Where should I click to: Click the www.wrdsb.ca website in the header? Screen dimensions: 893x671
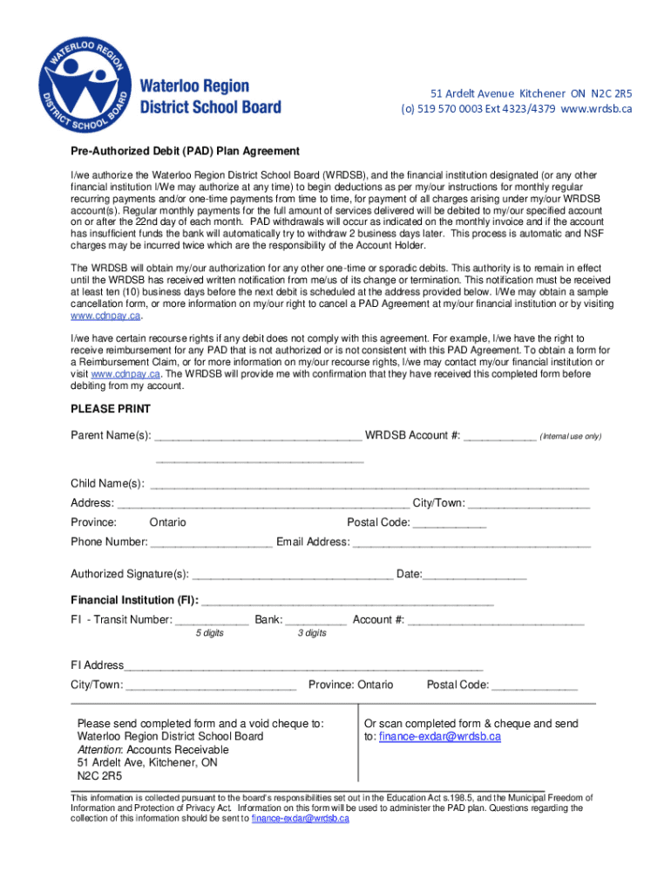click(596, 109)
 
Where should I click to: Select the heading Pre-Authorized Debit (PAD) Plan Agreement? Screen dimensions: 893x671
click(185, 151)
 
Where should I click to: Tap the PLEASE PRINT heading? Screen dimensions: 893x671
click(111, 409)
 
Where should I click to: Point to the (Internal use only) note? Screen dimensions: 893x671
click(570, 436)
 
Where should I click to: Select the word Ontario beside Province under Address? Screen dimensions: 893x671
click(167, 522)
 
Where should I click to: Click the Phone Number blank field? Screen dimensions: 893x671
click(211, 543)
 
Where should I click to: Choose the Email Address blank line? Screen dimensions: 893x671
click(471, 543)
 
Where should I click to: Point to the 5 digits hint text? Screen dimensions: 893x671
click(209, 633)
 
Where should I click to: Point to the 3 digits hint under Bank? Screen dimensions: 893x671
click(311, 633)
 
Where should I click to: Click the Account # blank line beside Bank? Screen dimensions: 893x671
click(496, 622)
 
